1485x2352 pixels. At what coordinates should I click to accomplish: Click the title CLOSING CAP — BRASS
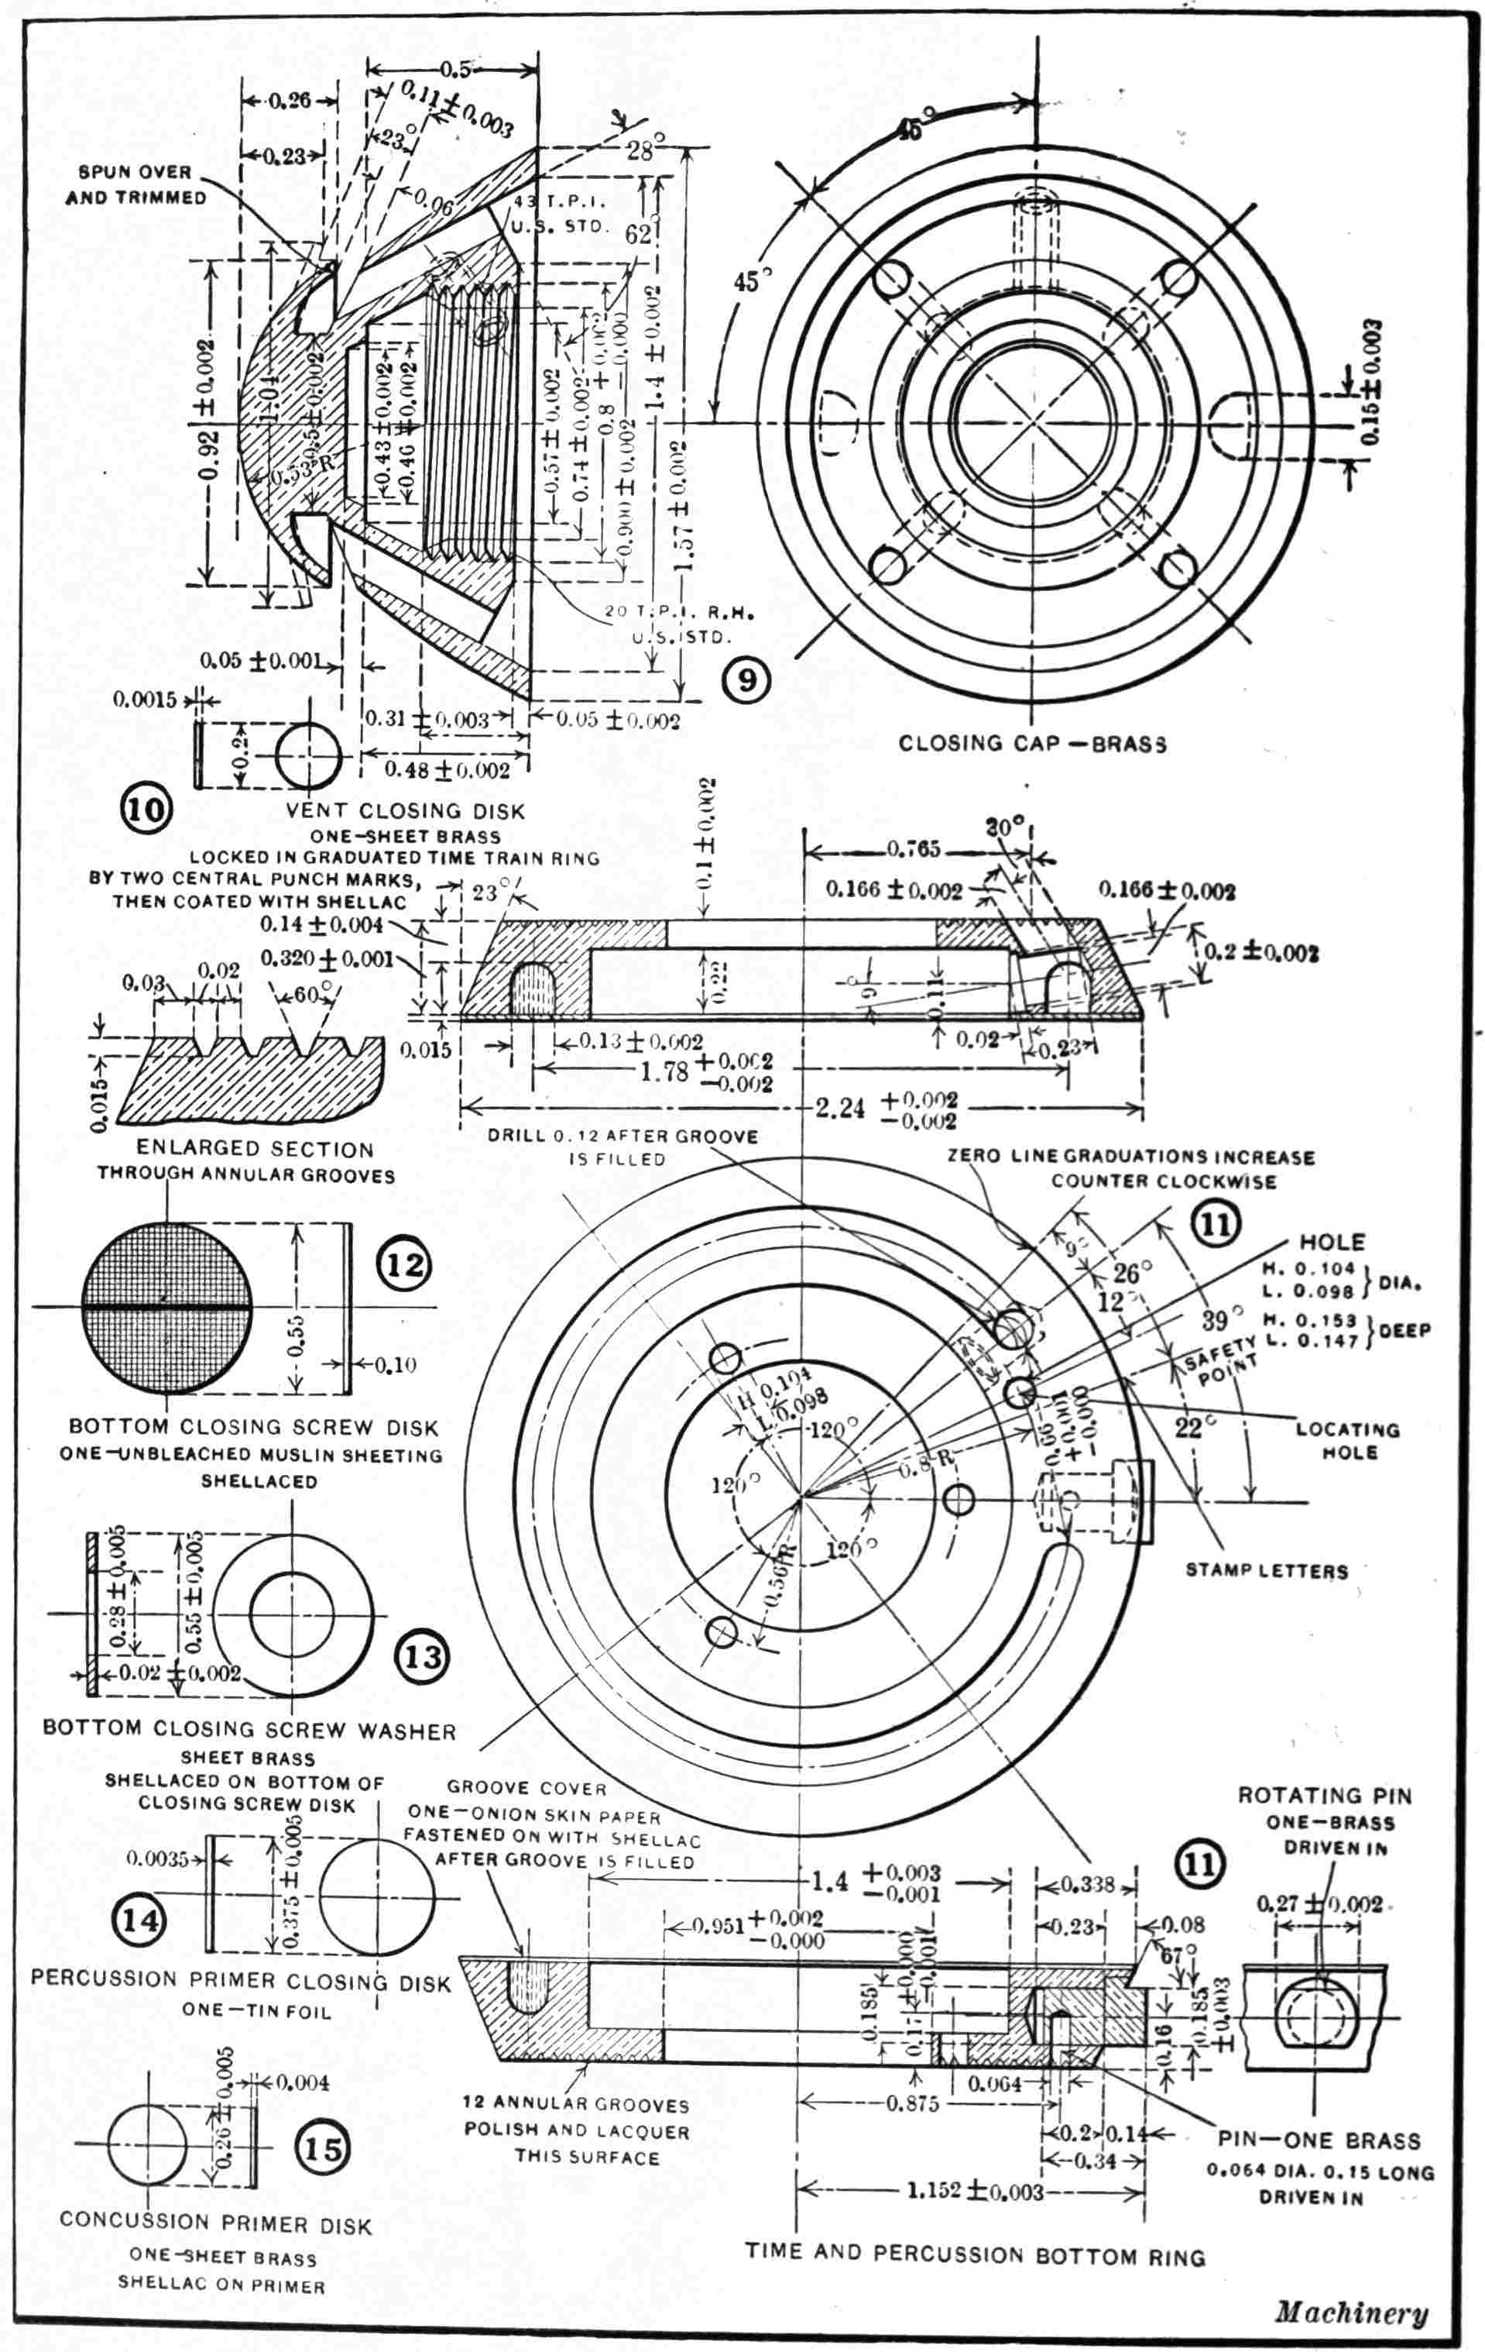[x=1032, y=743]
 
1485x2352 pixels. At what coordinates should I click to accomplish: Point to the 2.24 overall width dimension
[x=839, y=1109]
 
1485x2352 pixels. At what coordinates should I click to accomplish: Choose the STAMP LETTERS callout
[x=1267, y=1570]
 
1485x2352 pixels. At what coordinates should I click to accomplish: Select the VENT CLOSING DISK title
[x=405, y=810]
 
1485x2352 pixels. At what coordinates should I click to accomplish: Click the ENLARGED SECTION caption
[x=255, y=1150]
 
